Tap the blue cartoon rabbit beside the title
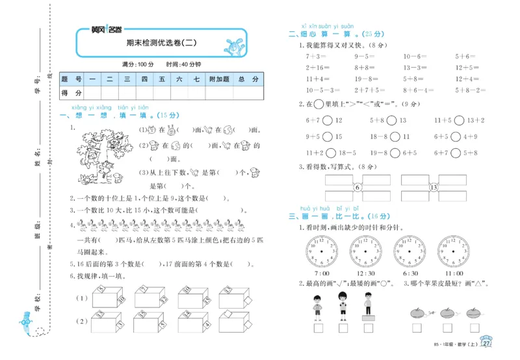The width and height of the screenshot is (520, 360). point(232,47)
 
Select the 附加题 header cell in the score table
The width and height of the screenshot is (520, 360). point(218,79)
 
